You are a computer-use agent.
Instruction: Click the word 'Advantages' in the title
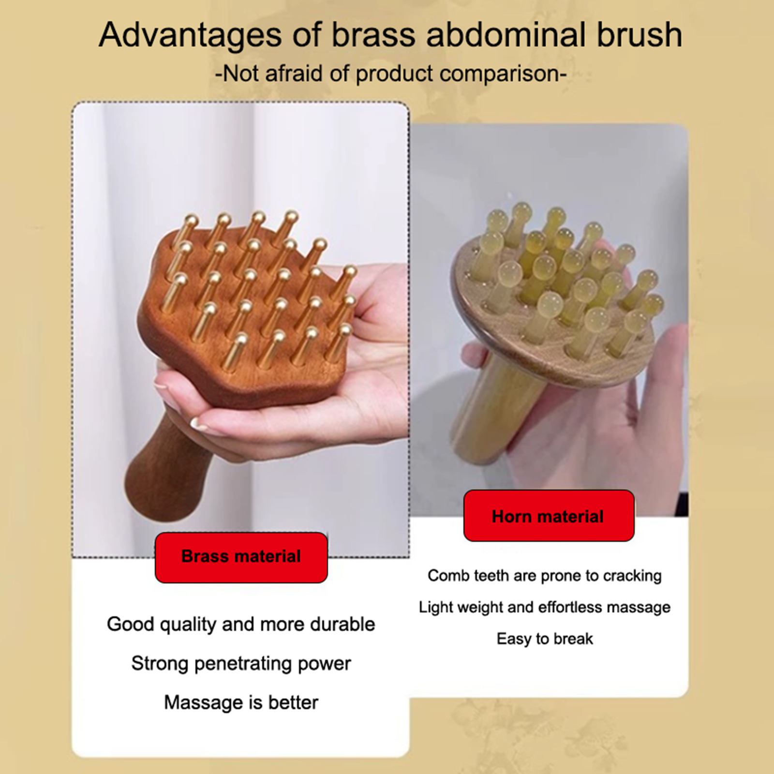pos(191,35)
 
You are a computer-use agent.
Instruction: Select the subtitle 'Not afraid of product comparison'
pos(391,74)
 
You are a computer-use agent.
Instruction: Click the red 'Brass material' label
pos(241,557)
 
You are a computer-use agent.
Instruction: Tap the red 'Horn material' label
pos(549,516)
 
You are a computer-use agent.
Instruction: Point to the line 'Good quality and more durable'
pos(241,625)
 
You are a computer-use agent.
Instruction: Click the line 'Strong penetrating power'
pos(241,664)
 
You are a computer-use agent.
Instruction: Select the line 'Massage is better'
pos(241,702)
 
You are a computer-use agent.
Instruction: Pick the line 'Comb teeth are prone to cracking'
pos(545,576)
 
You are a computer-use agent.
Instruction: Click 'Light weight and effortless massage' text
pos(545,608)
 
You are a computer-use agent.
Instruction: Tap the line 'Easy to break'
pos(545,639)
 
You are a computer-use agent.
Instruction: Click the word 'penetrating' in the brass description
pos(243,664)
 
